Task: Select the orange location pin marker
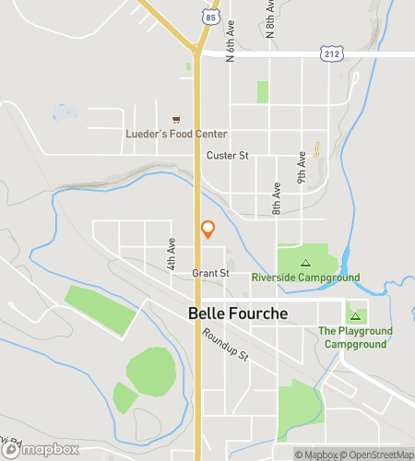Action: pyautogui.click(x=207, y=230)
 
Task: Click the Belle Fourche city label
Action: pyautogui.click(x=238, y=313)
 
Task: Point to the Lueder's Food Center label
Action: pyautogui.click(x=176, y=134)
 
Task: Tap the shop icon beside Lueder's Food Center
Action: pyautogui.click(x=176, y=119)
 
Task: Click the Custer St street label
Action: pyautogui.click(x=228, y=156)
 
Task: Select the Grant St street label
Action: pyautogui.click(x=210, y=273)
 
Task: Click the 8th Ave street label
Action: pyautogui.click(x=277, y=198)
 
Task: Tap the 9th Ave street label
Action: pyautogui.click(x=302, y=165)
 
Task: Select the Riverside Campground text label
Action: pyautogui.click(x=305, y=276)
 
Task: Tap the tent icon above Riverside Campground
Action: pyautogui.click(x=305, y=263)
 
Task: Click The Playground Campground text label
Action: pyautogui.click(x=355, y=337)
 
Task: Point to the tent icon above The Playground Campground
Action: pyautogui.click(x=355, y=316)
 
